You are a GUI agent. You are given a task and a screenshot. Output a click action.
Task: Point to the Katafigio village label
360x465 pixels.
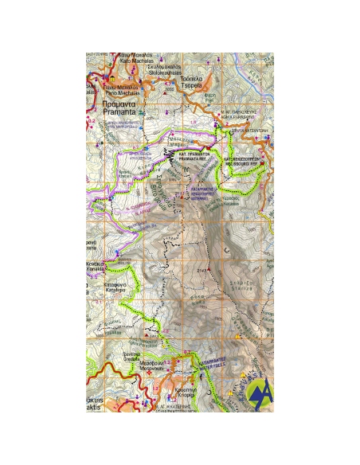tap(117, 288)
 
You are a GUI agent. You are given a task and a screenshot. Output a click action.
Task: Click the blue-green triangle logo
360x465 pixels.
tap(259, 393)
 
